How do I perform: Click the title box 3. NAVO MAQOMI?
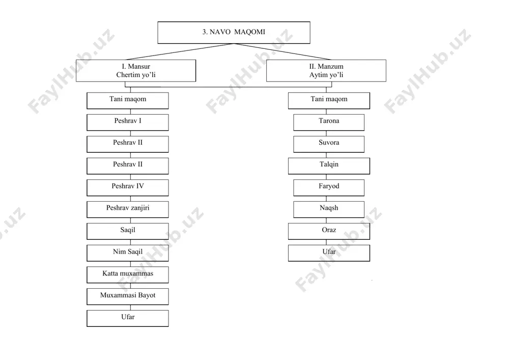234,33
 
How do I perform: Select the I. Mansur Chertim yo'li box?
136,70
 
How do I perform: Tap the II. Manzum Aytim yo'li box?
326,70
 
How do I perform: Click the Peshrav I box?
128,122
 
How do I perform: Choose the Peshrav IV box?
128,187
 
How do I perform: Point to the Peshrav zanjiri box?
128,209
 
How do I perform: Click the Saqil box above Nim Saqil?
128,231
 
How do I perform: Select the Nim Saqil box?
128,253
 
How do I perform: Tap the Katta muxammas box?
128,274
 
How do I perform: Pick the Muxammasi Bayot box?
128,296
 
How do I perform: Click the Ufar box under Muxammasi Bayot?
128,318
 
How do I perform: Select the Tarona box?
329,122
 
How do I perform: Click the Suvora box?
329,144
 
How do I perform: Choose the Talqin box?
329,166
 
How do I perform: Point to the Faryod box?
329,187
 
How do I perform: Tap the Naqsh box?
329,209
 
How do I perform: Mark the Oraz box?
329,231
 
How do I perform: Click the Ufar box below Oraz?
329,253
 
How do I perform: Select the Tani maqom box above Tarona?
329,101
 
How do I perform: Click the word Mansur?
139,67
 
